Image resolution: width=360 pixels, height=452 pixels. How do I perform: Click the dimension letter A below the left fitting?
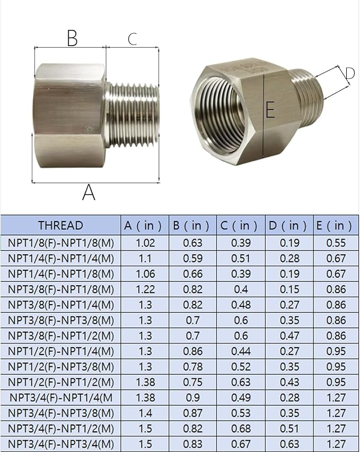pos(89,192)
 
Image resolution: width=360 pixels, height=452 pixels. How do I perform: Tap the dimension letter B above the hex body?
pos(72,38)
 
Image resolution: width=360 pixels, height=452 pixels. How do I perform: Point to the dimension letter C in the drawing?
pos(132,39)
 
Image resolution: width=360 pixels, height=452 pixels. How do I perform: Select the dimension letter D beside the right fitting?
pos(349,74)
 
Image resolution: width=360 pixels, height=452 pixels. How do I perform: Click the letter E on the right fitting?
pos(270,110)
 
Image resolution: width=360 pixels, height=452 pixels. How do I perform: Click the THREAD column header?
pos(60,225)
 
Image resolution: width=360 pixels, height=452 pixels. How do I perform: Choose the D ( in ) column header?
pos(288,225)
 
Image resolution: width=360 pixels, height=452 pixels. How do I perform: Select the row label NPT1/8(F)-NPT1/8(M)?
pos(60,243)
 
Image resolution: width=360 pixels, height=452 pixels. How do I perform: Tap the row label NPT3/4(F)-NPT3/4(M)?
pos(60,444)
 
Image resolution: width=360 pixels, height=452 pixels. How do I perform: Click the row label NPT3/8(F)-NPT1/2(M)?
pos(60,336)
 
